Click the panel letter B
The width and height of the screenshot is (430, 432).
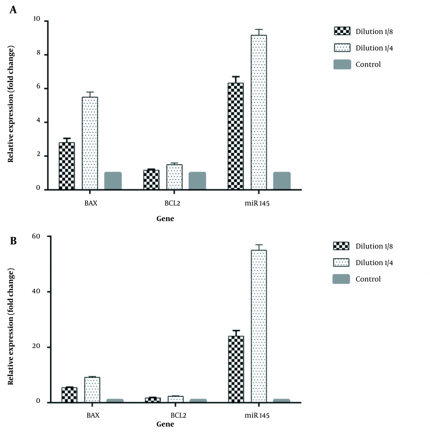tap(13, 241)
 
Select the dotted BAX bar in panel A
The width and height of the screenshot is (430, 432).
tap(90, 143)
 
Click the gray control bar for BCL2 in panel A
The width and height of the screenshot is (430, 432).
tap(197, 181)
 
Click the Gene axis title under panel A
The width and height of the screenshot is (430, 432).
tap(165, 219)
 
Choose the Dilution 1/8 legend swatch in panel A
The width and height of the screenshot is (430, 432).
tap(342, 31)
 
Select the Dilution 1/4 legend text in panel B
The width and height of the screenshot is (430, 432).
tap(374, 263)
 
